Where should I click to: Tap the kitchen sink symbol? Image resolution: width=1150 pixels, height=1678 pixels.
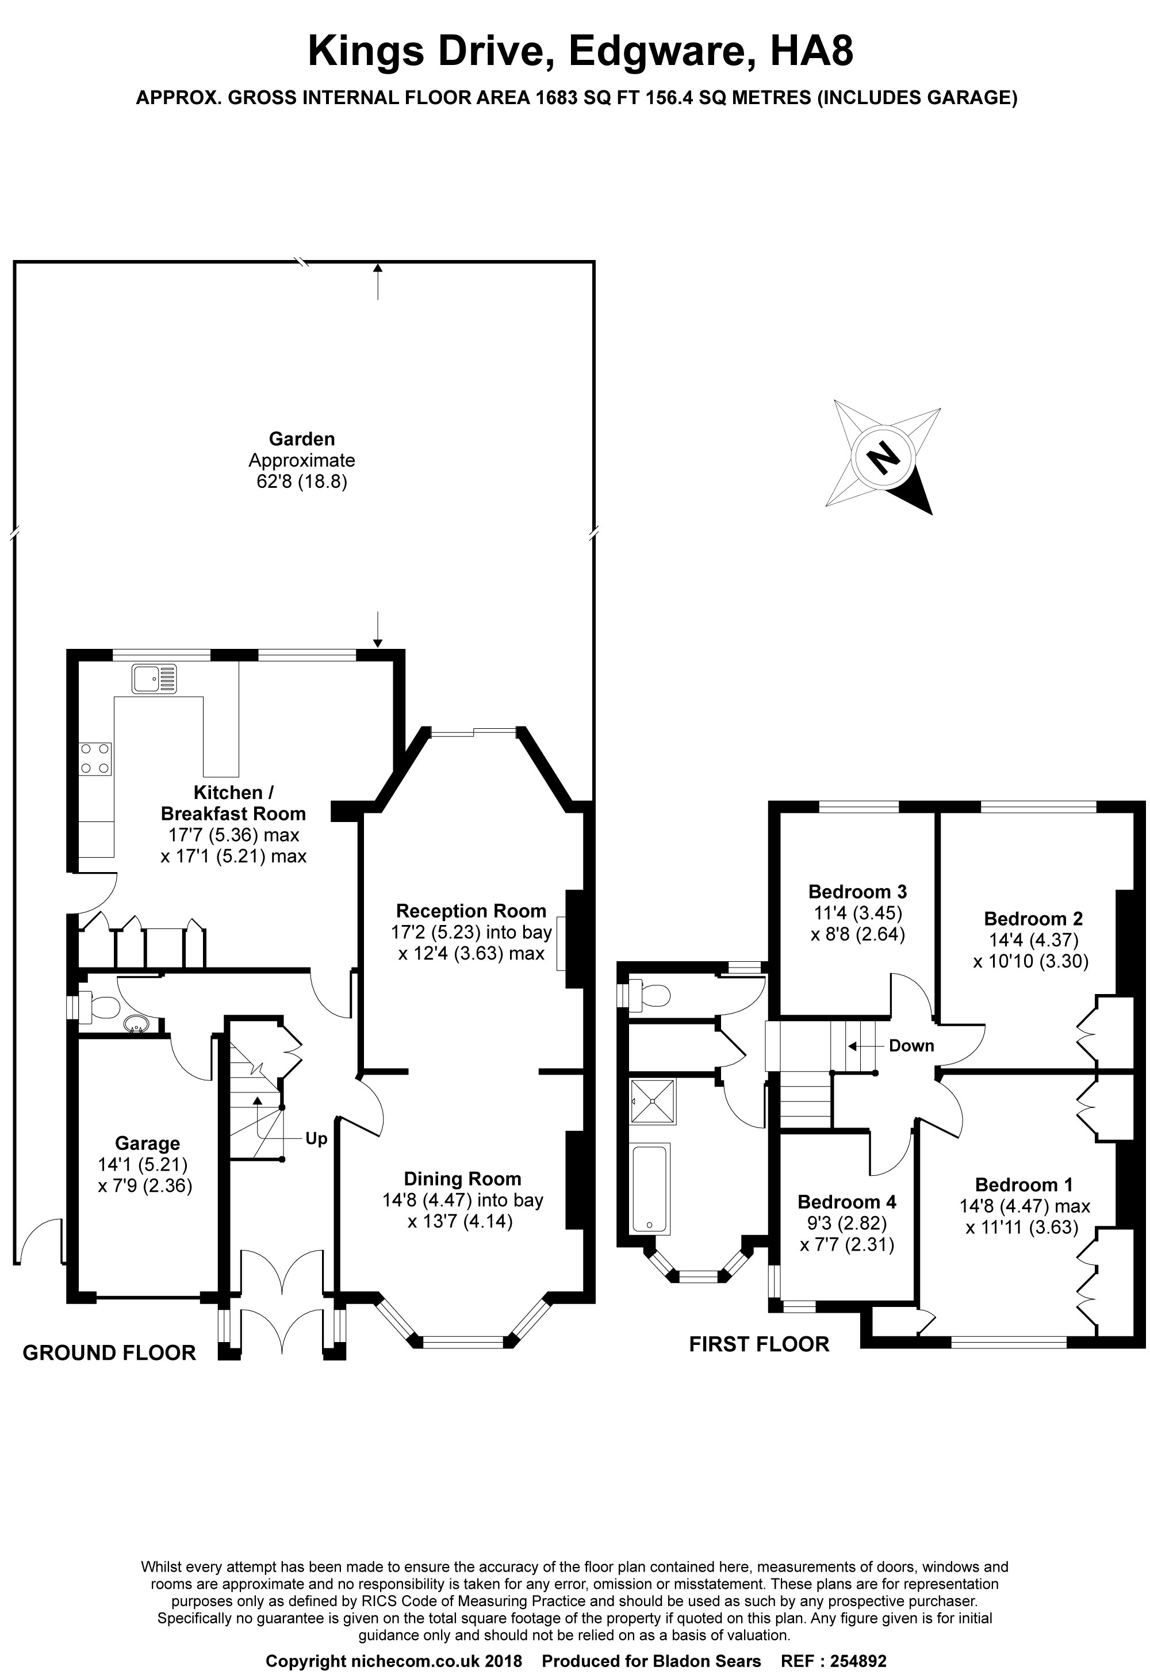[154, 679]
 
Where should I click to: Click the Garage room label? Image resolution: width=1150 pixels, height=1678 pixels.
[147, 1143]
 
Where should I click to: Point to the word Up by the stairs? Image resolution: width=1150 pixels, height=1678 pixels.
[316, 1138]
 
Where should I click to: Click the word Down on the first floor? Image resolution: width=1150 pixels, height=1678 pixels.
[911, 1045]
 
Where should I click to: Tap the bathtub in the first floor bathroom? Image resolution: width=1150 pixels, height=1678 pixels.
[650, 1188]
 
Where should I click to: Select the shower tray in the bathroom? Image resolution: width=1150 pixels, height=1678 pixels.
[653, 1101]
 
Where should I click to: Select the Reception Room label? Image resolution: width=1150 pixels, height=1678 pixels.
[471, 911]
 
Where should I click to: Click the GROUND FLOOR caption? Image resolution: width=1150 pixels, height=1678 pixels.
[109, 1352]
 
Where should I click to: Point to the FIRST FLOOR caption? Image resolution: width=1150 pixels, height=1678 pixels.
[759, 1344]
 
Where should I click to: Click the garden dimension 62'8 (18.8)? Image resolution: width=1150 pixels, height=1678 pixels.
[302, 481]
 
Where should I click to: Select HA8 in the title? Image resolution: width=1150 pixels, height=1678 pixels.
[811, 52]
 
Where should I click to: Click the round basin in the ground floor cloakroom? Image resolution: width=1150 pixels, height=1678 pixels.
[135, 1023]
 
